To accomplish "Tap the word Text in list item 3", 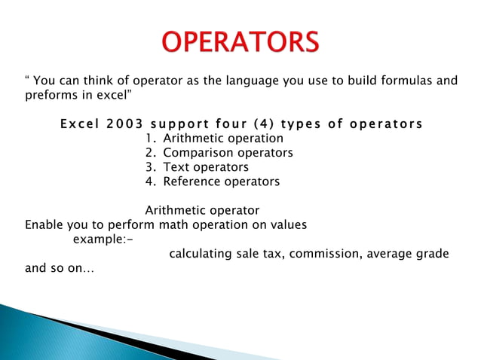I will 177,167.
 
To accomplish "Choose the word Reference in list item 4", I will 192,182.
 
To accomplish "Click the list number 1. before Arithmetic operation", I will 150,139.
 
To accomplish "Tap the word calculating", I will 201,254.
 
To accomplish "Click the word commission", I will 324,254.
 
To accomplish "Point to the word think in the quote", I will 90,81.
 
